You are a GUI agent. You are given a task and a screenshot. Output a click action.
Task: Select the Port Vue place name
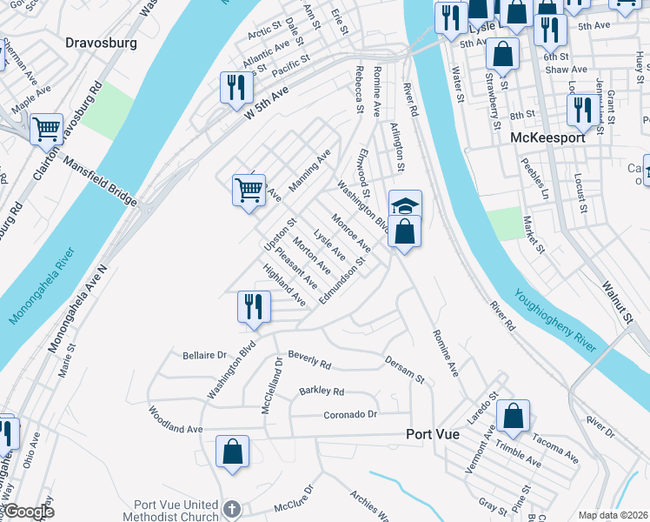click(x=440, y=434)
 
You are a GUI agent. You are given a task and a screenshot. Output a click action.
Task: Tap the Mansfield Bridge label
click(x=99, y=179)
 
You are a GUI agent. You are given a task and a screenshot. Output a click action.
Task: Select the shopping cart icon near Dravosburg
click(x=47, y=129)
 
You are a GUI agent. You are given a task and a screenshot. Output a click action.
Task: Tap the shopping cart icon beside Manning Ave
click(x=249, y=188)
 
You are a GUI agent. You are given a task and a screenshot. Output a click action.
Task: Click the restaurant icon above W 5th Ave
click(x=235, y=87)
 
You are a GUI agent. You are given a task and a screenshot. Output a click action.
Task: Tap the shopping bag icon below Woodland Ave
click(x=232, y=452)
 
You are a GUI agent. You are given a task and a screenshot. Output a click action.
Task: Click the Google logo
click(x=30, y=512)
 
